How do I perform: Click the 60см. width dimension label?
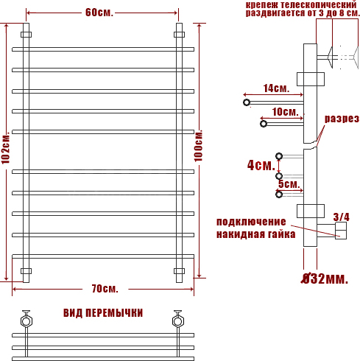[99, 13]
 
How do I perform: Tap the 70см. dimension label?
[105, 289]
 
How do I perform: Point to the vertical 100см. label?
[199, 146]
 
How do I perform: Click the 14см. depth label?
[276, 88]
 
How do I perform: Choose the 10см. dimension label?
[285, 112]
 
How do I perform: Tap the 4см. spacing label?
[261, 165]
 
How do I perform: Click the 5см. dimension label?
[289, 184]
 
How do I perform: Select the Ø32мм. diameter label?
[325, 278]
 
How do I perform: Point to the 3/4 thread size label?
[341, 217]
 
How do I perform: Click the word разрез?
[342, 119]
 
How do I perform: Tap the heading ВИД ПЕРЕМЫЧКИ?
[103, 313]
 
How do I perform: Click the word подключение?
[251, 222]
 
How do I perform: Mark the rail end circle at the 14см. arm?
[247, 102]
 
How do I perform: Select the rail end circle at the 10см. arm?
[264, 124]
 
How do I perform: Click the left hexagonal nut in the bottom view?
[26, 320]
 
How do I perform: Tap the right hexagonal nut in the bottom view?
[177, 320]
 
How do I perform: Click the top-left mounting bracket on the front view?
[26, 35]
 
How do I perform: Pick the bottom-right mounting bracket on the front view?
[179, 271]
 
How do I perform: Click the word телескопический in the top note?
[319, 4]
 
